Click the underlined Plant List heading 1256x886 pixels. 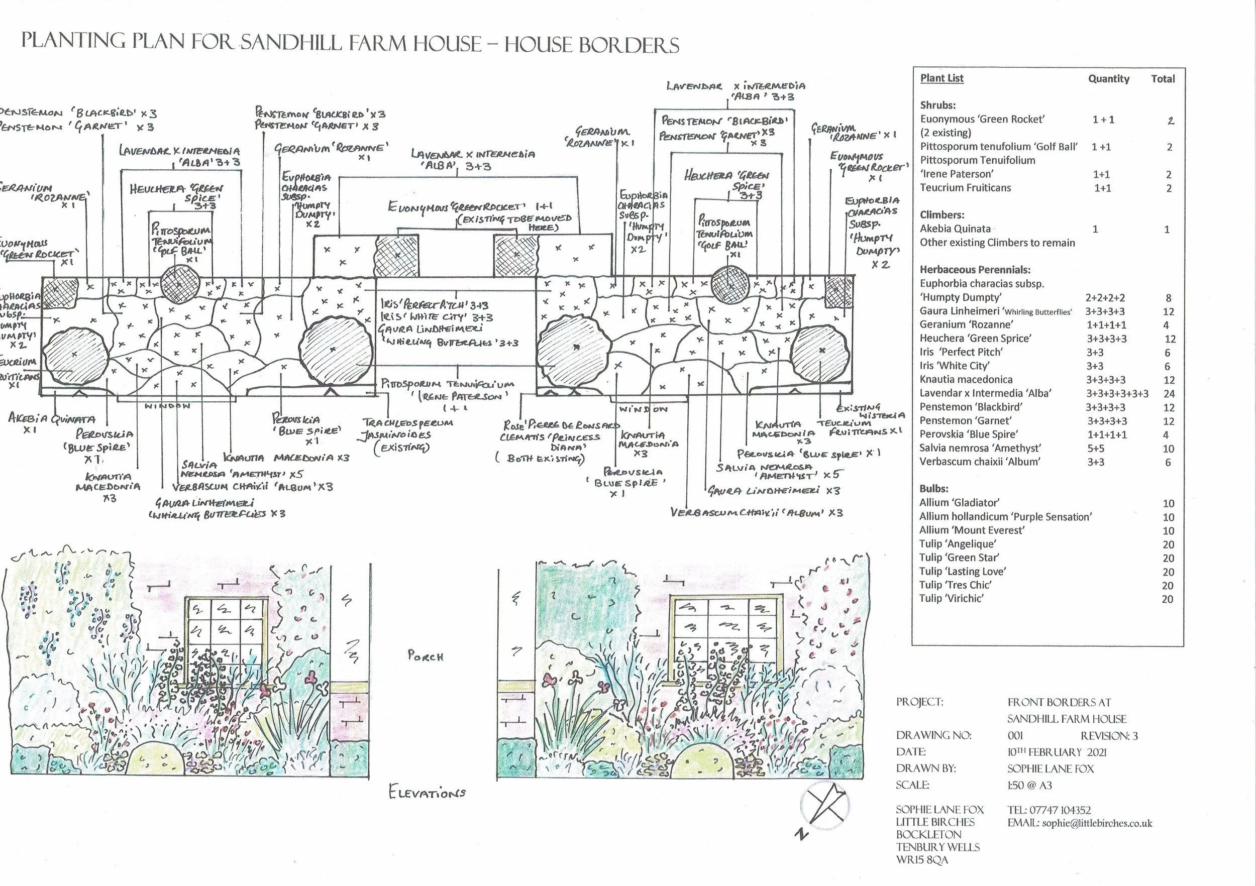(x=941, y=78)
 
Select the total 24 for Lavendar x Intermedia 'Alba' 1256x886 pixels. (x=1169, y=394)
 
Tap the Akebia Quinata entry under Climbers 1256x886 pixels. (x=955, y=229)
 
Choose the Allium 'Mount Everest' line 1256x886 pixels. (x=972, y=530)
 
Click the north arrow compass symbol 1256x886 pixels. (x=824, y=807)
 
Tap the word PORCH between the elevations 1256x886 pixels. (x=425, y=656)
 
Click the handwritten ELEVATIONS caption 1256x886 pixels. (x=427, y=793)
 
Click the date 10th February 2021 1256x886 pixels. (x=1057, y=752)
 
